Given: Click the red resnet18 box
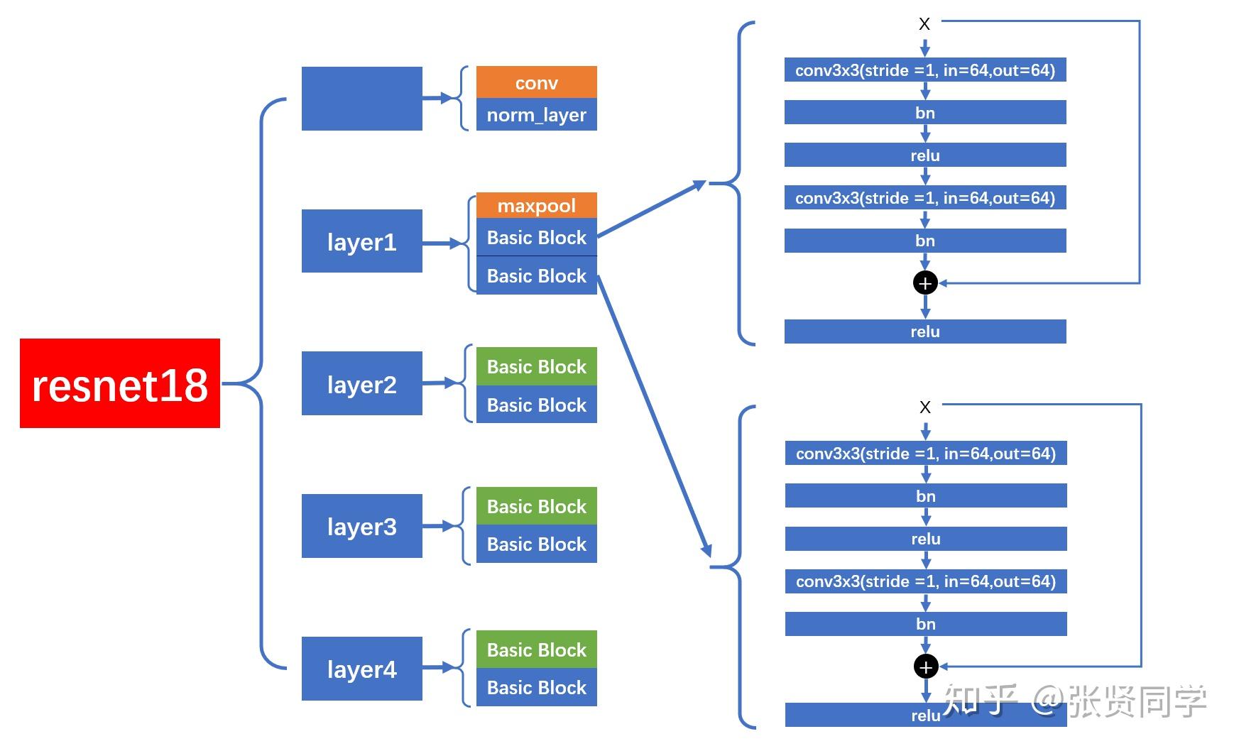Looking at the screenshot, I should pyautogui.click(x=119, y=383).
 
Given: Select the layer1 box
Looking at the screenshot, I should pyautogui.click(x=361, y=241).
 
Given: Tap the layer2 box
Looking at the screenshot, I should pyautogui.click(x=361, y=383).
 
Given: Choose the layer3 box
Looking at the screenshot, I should pyautogui.click(x=361, y=526).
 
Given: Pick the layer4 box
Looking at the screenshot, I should pyautogui.click(x=361, y=669).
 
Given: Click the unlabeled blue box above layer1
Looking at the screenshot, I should pyautogui.click(x=361, y=99).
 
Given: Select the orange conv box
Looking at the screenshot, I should pyautogui.click(x=536, y=82).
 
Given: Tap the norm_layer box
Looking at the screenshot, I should pyautogui.click(x=536, y=115).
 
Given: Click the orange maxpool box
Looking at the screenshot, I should pyautogui.click(x=536, y=205).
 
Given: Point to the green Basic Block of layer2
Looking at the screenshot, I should pyautogui.click(x=536, y=366).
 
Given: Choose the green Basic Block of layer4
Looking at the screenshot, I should pyautogui.click(x=536, y=649).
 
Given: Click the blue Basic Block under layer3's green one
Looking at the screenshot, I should pyautogui.click(x=536, y=544).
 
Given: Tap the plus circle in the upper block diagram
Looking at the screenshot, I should pyautogui.click(x=925, y=283).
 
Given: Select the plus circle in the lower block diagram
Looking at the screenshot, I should pyautogui.click(x=926, y=667).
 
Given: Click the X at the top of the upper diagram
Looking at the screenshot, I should pyautogui.click(x=924, y=24).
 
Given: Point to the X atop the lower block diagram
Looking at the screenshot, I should pyautogui.click(x=925, y=407).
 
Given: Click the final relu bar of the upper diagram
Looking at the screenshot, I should pyautogui.click(x=925, y=331).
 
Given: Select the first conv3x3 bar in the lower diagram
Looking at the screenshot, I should pyautogui.click(x=926, y=454).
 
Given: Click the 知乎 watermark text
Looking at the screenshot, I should pyautogui.click(x=980, y=701).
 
